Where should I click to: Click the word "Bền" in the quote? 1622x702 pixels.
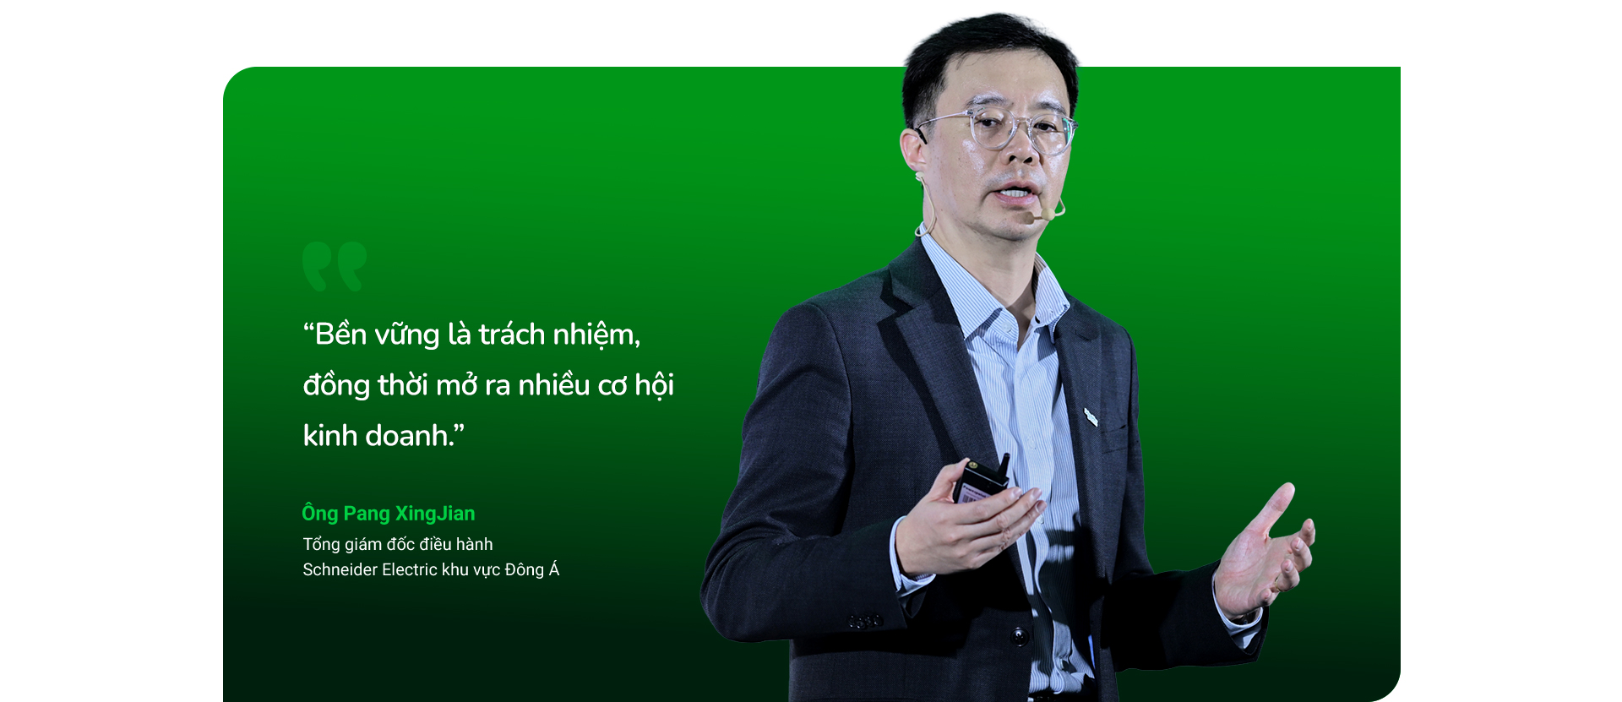(340, 335)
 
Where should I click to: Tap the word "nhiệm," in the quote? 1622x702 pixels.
(596, 336)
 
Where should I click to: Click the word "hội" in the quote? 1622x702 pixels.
(654, 385)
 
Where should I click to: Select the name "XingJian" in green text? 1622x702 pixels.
(435, 514)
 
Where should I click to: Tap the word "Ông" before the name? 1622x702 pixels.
(320, 513)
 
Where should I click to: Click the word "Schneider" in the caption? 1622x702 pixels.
(340, 569)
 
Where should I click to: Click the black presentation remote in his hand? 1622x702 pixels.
(982, 481)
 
